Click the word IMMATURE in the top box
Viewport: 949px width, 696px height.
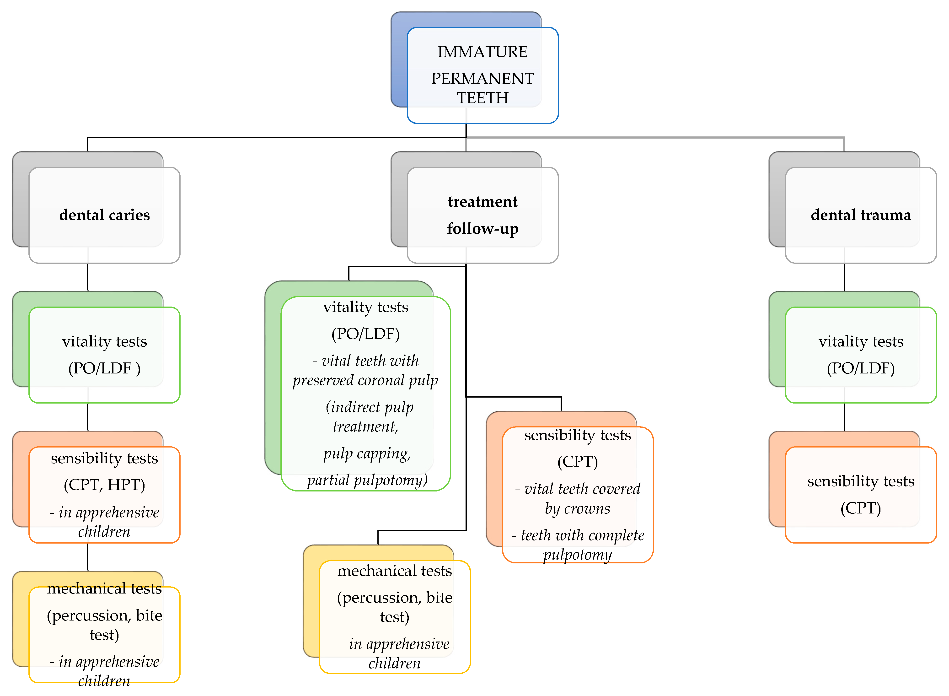(x=482, y=52)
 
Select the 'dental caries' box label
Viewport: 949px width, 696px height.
(x=104, y=215)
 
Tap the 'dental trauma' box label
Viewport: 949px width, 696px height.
(x=861, y=215)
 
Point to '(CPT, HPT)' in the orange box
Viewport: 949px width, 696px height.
(x=104, y=485)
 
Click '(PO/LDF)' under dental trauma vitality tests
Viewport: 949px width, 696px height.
(x=861, y=368)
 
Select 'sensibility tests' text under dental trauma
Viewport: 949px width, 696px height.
(x=861, y=481)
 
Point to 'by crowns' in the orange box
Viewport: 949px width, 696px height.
(x=578, y=508)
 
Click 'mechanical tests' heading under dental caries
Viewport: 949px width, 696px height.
(x=104, y=588)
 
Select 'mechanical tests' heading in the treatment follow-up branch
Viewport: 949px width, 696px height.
(x=394, y=571)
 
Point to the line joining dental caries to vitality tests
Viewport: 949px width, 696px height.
(x=88, y=277)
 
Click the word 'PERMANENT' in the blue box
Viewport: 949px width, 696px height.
(x=482, y=78)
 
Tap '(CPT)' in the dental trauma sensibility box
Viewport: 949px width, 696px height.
(x=861, y=508)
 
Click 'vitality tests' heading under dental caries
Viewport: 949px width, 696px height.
(x=104, y=341)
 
